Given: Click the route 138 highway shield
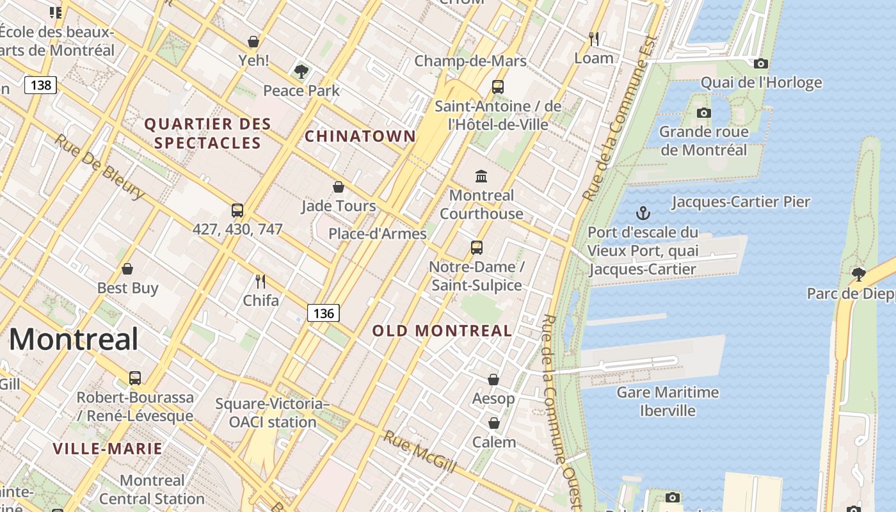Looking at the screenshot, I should click(x=41, y=84).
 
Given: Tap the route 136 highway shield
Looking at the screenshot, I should click(x=323, y=313).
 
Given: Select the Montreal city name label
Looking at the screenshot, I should click(x=74, y=339).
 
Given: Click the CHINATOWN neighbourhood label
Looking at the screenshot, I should click(x=360, y=136).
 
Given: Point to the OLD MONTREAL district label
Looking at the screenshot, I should click(x=442, y=331).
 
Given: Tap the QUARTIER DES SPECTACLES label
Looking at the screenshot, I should click(x=208, y=133).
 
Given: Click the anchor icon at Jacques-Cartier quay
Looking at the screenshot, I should click(x=643, y=213).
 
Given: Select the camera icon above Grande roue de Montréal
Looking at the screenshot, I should click(x=703, y=113).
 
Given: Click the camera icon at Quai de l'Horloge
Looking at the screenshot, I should click(x=760, y=63).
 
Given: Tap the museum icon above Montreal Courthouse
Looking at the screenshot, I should click(x=481, y=176).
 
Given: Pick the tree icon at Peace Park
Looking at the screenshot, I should click(x=301, y=71).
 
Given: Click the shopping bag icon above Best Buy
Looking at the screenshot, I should click(x=127, y=269).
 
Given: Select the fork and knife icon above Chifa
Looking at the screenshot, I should click(x=260, y=281).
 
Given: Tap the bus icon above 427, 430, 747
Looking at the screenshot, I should click(x=237, y=210).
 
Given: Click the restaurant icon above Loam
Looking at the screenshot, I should click(x=594, y=39).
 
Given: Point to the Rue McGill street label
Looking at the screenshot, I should click(x=420, y=452).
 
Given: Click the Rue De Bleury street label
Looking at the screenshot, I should click(x=99, y=166).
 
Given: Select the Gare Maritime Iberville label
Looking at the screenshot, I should click(x=668, y=401).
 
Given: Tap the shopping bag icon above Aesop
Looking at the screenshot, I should click(x=493, y=380).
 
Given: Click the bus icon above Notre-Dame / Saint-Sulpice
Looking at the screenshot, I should click(x=476, y=248).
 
